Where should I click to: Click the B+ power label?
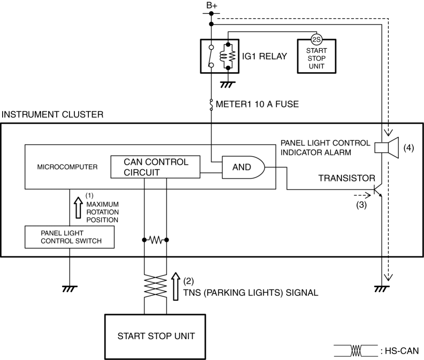(x=211, y=6)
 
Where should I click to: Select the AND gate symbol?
(x=243, y=167)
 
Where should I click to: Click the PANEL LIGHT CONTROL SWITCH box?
(x=70, y=236)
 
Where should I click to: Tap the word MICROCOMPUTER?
(x=67, y=167)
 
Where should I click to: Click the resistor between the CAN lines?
(x=156, y=240)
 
